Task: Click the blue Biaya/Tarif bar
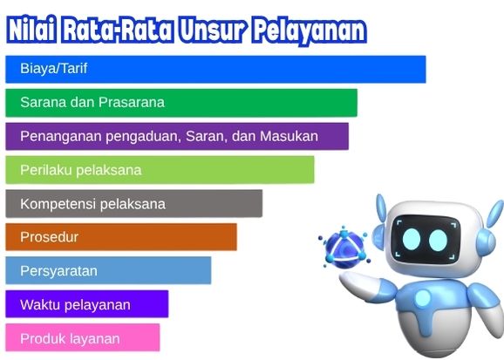tap(215, 69)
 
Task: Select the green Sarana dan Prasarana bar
tap(181, 103)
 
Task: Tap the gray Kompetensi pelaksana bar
tap(134, 204)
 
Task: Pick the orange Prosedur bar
tap(121, 237)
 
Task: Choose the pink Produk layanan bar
tap(83, 337)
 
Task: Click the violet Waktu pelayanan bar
tap(87, 304)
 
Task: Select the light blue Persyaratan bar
tap(108, 270)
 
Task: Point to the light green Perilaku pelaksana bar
tap(160, 170)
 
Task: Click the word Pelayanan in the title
tap(310, 31)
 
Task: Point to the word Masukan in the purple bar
tap(289, 136)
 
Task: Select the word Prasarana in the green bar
tap(132, 103)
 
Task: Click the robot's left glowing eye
tap(412, 239)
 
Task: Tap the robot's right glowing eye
tap(438, 240)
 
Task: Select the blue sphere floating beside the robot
tap(344, 248)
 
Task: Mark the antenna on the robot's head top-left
tap(381, 208)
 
